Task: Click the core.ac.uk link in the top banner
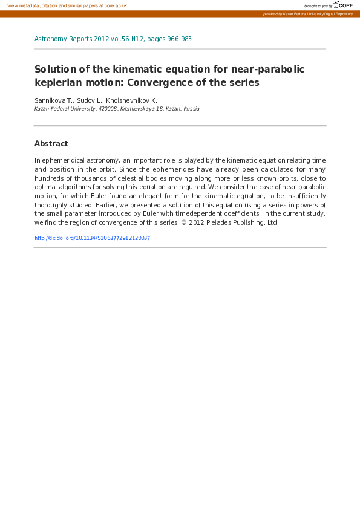[x=116, y=5]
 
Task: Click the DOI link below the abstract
[x=92, y=238]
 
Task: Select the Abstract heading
[x=51, y=144]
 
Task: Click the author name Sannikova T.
[x=53, y=100]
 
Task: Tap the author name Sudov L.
[x=90, y=100]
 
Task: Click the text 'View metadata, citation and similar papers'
[x=53, y=5]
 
